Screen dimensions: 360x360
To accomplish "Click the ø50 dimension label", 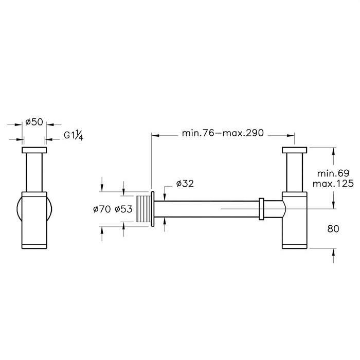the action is [34, 122].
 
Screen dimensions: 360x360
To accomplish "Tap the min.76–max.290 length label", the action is [223, 133].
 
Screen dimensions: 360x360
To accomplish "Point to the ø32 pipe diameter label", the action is [185, 184].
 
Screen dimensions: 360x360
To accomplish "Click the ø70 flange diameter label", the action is [102, 209].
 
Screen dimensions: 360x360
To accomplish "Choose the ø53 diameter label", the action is [123, 209].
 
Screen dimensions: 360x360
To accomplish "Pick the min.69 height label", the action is [333, 173].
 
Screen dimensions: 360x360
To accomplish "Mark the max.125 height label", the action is [333, 184].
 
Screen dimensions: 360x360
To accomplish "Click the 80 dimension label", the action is [333, 229].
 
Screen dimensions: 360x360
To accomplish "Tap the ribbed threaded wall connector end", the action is [143, 209].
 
